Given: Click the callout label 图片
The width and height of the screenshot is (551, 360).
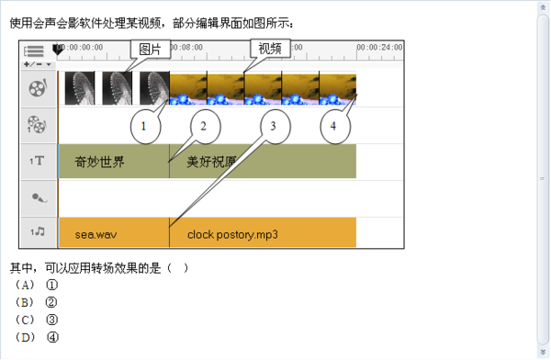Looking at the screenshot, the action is pyautogui.click(x=147, y=49).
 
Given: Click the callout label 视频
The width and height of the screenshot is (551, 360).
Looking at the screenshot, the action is pyautogui.click(x=268, y=49).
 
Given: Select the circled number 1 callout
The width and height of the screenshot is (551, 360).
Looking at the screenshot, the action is pyautogui.click(x=147, y=125).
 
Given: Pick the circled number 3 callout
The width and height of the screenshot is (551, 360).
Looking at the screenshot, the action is pyautogui.click(x=274, y=125).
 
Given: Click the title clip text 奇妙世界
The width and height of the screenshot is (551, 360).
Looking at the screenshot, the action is pyautogui.click(x=100, y=162).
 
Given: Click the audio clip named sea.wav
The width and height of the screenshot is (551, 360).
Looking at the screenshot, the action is pyautogui.click(x=96, y=234).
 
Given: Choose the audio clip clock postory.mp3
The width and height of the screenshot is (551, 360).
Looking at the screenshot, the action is pyautogui.click(x=232, y=234).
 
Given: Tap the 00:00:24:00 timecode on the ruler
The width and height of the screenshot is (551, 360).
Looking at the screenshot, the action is pyautogui.click(x=380, y=47).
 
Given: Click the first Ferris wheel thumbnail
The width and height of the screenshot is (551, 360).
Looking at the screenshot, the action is pyautogui.click(x=80, y=88).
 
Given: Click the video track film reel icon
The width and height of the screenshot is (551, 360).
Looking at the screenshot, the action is pyautogui.click(x=38, y=88).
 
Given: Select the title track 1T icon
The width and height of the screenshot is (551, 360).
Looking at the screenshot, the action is pyautogui.click(x=38, y=162).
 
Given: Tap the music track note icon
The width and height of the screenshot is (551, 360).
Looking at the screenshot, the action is pyautogui.click(x=38, y=232).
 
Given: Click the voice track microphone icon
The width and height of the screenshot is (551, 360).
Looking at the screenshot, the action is pyautogui.click(x=38, y=197).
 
